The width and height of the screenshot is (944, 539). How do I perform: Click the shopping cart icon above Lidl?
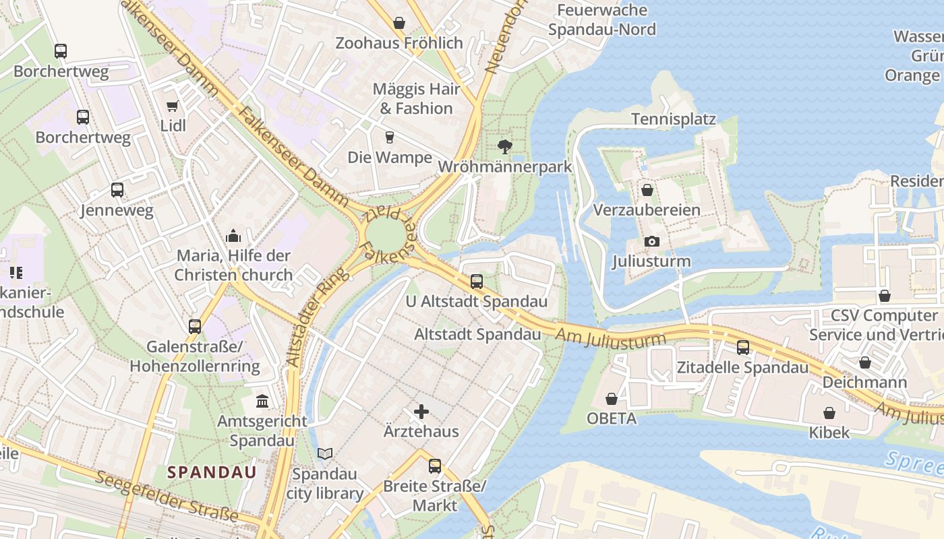(172, 106)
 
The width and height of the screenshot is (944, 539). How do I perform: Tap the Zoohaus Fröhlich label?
(399, 43)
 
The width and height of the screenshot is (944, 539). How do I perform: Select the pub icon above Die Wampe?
(389, 137)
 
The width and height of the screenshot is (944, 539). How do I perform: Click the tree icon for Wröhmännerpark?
(504, 146)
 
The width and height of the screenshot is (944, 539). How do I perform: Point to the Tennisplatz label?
(673, 119)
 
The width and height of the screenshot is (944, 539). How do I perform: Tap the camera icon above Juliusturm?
(651, 241)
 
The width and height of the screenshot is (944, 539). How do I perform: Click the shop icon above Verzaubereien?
(647, 190)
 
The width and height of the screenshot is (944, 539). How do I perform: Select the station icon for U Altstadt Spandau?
(476, 282)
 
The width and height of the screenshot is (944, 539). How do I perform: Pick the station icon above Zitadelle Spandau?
(742, 348)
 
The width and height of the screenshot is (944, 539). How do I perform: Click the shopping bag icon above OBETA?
(612, 399)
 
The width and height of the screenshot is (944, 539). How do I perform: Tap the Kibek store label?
(829, 432)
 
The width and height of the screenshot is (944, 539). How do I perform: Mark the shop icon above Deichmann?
(864, 362)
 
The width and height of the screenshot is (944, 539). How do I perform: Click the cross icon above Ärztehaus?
(421, 411)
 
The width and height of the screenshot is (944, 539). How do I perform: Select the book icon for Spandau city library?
(325, 454)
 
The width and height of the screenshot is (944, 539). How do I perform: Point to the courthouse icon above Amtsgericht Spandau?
(262, 402)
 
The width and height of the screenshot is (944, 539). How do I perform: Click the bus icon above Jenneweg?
(117, 190)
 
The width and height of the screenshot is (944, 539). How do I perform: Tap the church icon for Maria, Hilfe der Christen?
(233, 236)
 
